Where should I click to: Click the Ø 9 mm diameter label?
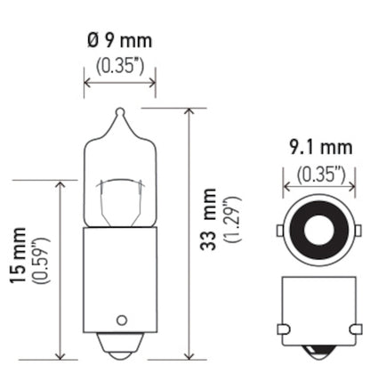tap(118, 40)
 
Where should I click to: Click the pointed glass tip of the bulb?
tap(119, 115)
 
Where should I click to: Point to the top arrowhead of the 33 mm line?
tap(189, 113)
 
